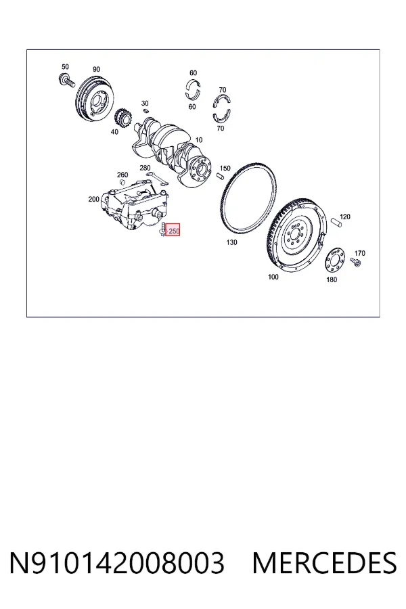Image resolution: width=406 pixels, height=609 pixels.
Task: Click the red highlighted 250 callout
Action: tap(173, 229)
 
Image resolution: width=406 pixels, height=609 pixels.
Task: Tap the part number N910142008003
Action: tap(117, 563)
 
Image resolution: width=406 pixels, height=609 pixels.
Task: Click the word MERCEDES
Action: tap(324, 563)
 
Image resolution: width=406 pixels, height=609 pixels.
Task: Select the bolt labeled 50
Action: tap(66, 80)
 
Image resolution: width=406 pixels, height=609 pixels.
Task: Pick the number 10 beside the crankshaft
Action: tap(198, 140)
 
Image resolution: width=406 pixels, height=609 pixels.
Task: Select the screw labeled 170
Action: tap(355, 262)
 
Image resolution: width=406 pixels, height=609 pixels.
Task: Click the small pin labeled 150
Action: tap(220, 176)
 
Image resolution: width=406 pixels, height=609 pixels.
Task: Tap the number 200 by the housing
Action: tap(93, 199)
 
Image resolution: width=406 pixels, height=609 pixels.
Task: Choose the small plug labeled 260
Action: tap(122, 183)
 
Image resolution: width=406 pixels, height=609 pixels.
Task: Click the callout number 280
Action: tap(145, 168)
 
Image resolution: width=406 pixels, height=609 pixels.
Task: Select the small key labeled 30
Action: tap(146, 111)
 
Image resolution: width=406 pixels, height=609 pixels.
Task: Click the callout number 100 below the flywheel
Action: tap(273, 277)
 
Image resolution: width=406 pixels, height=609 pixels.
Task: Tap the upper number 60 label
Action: tap(193, 72)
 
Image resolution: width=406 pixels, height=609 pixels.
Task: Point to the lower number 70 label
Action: tap(221, 128)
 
